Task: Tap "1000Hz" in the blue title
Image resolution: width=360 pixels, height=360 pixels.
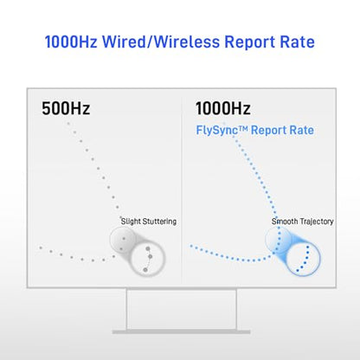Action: point(71,42)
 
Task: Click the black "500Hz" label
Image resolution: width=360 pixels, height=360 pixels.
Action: point(66,108)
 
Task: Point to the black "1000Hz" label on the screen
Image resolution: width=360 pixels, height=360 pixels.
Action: point(223,108)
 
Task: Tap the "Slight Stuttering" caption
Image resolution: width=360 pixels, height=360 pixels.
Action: point(149,222)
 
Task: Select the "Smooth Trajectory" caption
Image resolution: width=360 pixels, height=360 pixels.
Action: point(303,222)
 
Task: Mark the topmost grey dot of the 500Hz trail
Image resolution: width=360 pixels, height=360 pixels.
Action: point(68,124)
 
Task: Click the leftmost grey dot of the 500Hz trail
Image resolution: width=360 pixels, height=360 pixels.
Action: point(41,247)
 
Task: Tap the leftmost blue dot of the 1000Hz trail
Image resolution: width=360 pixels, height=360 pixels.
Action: point(191,246)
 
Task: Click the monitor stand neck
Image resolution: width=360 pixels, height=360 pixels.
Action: point(182,309)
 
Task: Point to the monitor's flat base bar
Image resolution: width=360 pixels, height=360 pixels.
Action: point(181,332)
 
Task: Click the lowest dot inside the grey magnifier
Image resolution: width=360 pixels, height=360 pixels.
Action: point(145,270)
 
